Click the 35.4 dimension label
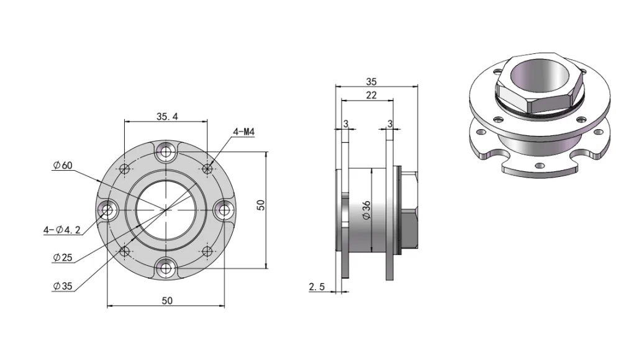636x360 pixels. [166, 115]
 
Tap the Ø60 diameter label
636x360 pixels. [63, 165]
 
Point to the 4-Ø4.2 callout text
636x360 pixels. [63, 230]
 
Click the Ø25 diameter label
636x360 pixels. [63, 257]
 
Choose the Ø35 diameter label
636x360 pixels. [63, 286]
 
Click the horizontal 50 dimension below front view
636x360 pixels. [166, 300]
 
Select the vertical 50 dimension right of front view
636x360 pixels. [261, 205]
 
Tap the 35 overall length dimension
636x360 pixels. [371, 81]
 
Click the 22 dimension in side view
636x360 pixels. [371, 96]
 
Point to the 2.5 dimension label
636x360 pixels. [317, 286]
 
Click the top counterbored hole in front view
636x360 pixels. [165, 150]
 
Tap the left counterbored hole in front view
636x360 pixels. [107, 210]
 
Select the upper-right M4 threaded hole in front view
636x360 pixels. [207, 168]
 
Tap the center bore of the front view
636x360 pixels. [165, 210]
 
